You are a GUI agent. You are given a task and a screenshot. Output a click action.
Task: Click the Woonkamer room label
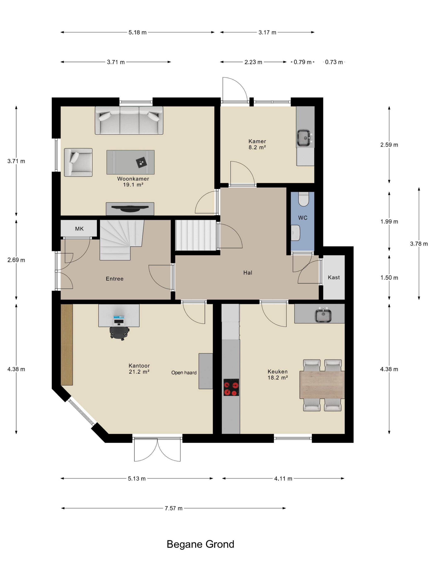tap(133, 179)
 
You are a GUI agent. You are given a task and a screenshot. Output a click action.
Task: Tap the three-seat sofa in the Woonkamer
tap(129, 120)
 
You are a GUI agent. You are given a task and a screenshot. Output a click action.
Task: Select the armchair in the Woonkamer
tap(78, 162)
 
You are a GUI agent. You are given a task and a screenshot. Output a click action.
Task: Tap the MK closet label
tap(79, 229)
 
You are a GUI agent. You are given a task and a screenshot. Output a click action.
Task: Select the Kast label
tap(333, 277)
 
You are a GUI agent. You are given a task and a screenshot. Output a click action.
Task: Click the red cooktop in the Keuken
tap(231, 387)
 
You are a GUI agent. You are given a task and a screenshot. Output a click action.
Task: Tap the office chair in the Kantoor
tap(119, 333)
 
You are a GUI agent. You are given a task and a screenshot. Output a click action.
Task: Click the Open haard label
tap(184, 373)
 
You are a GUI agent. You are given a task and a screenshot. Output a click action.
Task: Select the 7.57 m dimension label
tap(173, 508)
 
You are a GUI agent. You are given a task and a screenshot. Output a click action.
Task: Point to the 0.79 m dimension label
tap(302, 62)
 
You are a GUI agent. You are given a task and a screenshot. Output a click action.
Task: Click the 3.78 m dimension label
tap(419, 244)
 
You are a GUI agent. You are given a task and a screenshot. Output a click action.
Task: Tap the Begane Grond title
tap(200, 544)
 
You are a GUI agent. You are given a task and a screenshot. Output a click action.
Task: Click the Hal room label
tap(248, 273)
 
